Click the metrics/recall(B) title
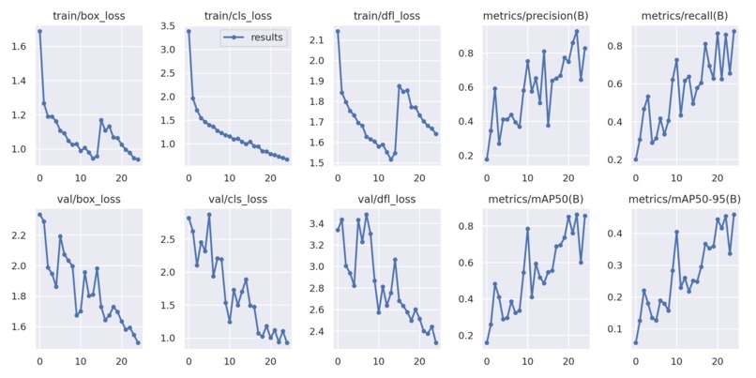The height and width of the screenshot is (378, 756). tap(683, 16)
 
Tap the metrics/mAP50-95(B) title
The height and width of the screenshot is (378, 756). tap(683, 198)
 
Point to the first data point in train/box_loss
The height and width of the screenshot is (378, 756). tap(39, 31)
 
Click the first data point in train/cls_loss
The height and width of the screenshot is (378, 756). tap(189, 31)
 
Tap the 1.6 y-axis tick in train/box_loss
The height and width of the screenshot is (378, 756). tap(22, 45)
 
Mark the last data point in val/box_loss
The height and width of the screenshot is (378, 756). tap(138, 342)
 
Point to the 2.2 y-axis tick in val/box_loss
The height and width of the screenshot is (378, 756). tap(22, 235)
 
